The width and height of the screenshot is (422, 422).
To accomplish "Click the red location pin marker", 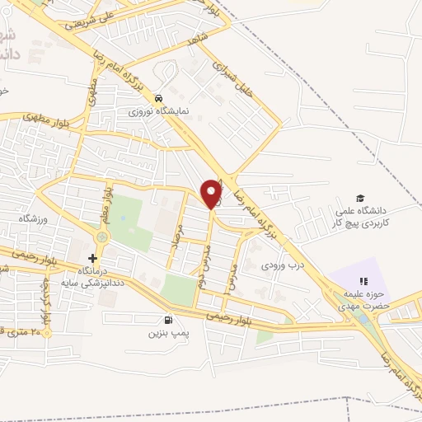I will click(212, 194).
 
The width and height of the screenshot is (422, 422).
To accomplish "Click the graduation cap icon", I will click(359, 198).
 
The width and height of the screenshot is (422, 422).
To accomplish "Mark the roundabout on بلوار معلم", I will click(101, 238).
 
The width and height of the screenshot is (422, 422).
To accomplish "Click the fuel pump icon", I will click(168, 320).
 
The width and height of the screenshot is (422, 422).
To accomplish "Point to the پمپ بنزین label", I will click(164, 333).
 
